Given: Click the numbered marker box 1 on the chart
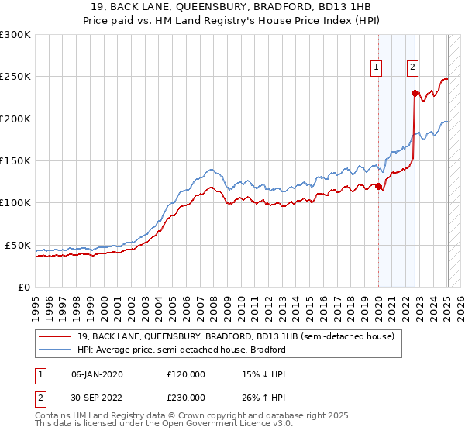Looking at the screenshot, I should pyautogui.click(x=377, y=67).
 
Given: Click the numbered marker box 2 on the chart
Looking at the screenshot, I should pyautogui.click(x=413, y=67).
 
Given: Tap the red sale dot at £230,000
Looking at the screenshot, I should pyautogui.click(x=415, y=94).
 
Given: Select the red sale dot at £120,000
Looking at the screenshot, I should pyautogui.click(x=378, y=186).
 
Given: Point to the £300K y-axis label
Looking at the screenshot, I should pyautogui.click(x=15, y=35).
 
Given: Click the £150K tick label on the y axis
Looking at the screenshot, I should pyautogui.click(x=15, y=161).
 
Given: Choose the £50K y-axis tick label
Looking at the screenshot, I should pyautogui.click(x=17, y=245).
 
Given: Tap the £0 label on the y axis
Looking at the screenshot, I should pyautogui.click(x=23, y=287).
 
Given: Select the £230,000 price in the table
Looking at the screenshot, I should pyautogui.click(x=186, y=397).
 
